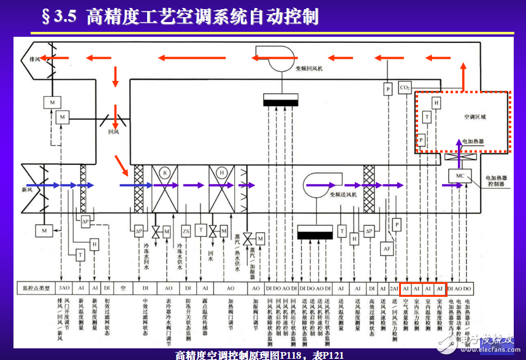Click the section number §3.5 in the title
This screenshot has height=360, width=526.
click(59, 17)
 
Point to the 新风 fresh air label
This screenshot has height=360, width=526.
click(27, 190)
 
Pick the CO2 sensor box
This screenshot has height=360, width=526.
click(405, 88)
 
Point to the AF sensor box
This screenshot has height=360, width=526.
click(387, 249)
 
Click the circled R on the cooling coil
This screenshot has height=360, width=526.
click(164, 174)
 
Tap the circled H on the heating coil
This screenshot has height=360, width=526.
click(222, 174)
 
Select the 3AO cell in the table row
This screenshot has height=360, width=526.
click(64, 287)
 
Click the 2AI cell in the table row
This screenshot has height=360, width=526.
click(394, 287)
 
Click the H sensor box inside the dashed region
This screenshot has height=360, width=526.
click(436, 104)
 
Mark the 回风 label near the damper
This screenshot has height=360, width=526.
click(113, 132)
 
